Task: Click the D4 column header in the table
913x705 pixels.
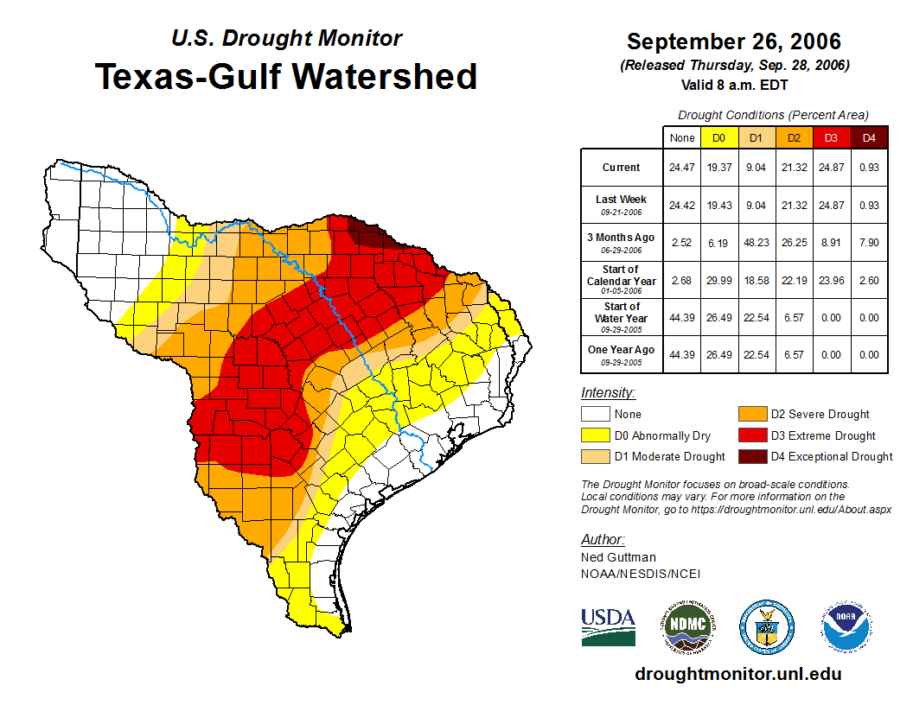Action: [x=869, y=137]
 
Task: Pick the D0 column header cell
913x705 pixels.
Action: [x=718, y=137]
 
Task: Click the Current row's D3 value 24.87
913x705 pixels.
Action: [x=831, y=168]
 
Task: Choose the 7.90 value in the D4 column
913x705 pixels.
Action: [x=869, y=242]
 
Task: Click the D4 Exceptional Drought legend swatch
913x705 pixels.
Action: [x=750, y=456]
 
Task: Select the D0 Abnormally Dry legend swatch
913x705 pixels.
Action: [x=594, y=435]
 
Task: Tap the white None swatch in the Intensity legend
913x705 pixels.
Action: [x=594, y=414]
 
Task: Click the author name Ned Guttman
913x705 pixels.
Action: [x=619, y=557]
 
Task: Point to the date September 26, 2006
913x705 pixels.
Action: [x=733, y=41]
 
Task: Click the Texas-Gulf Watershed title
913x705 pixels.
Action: [x=286, y=76]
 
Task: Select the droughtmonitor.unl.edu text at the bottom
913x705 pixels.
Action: [x=737, y=674]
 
